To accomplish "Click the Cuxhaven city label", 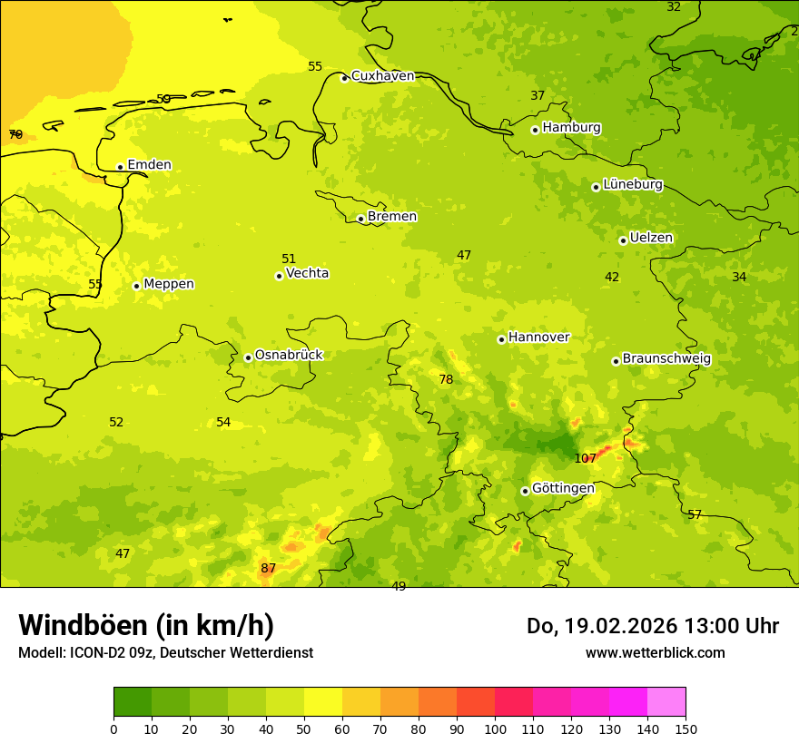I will coord(382,76).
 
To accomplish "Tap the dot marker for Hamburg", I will coord(535,130).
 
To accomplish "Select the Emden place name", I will coord(149,165).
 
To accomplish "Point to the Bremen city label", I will coord(392,217).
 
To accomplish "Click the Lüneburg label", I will coord(633,184).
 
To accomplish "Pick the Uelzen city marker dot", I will coord(623,240).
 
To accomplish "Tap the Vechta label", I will coord(307,273).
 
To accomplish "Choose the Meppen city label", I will coord(169,284).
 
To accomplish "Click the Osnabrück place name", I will coord(289,355).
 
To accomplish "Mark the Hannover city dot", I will coord(501,339).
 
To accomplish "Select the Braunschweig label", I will coord(666,358).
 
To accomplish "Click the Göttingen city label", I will coord(563,488).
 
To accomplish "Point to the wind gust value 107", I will coord(586,458).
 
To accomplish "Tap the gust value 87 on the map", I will coord(268,569).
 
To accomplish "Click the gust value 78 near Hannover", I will coord(446,379).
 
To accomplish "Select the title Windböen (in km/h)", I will coord(146,625).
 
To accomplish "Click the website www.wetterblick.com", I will coord(655,652).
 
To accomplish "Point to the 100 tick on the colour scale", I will coord(495,729).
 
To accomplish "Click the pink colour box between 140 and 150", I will coord(666,701).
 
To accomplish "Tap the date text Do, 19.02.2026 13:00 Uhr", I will coord(653,626).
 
